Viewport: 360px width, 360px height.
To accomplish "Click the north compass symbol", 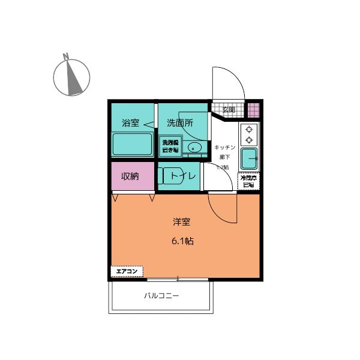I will point(71,75).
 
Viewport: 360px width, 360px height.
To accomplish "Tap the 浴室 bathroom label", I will point(130,123).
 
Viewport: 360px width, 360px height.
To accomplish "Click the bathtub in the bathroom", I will point(132,144).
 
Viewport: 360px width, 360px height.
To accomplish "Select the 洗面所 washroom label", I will point(179,122).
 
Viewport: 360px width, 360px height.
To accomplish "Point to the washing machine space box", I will point(169,146).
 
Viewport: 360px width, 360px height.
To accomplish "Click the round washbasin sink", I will point(194,148).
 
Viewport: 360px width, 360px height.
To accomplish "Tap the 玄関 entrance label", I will point(229,110).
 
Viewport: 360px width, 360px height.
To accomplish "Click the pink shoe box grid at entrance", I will point(254,110).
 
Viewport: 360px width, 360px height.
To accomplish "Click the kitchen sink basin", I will point(249,159).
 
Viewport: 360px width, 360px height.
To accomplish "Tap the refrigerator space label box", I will point(248,181).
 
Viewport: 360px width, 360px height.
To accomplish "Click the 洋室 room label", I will point(182,222).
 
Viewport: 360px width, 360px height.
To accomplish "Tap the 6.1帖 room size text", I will point(182,241).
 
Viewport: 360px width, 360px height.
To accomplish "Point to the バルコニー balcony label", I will point(161,296).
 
